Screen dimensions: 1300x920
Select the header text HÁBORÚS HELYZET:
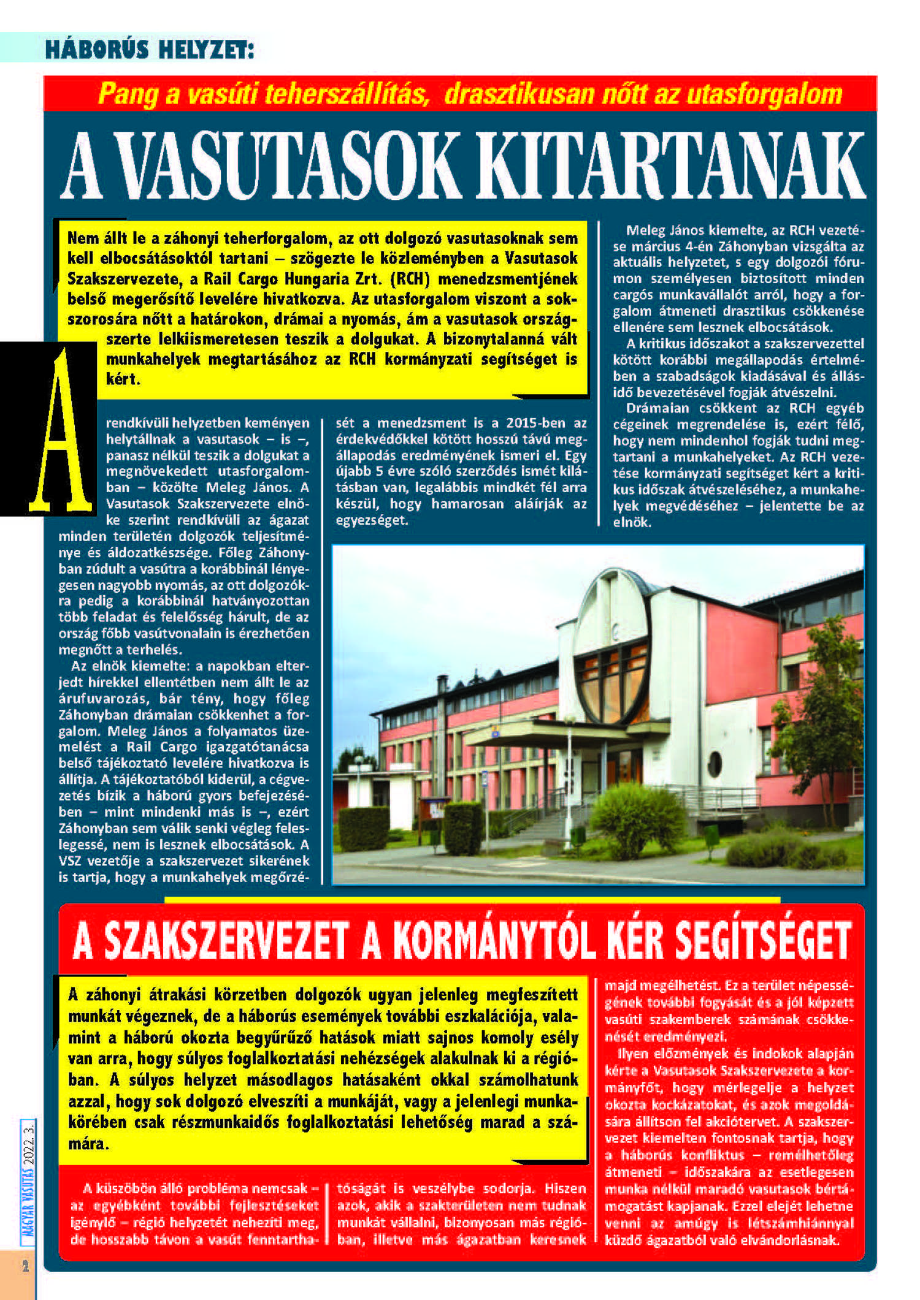click(149, 49)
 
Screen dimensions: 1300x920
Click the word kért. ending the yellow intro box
click(123, 379)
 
